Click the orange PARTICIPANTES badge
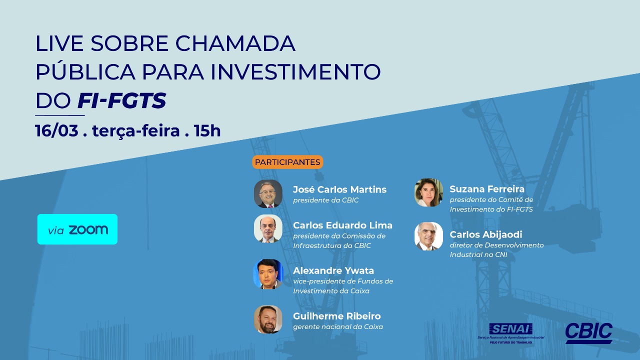(287, 162)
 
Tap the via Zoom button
(77, 229)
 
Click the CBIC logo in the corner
(588, 333)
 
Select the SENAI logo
(510, 333)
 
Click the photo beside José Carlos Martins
(268, 193)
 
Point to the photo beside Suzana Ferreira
(428, 192)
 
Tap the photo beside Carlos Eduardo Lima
(268, 229)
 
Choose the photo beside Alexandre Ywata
(268, 274)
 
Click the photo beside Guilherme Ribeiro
(268, 319)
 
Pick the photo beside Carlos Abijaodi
(428, 236)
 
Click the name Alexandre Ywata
(333, 270)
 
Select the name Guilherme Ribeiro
(337, 316)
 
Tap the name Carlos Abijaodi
(486, 234)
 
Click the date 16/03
(56, 130)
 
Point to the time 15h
(207, 131)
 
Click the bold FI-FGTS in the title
(122, 100)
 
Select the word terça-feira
(136, 131)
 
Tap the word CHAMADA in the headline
(235, 43)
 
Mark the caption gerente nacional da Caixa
(338, 326)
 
